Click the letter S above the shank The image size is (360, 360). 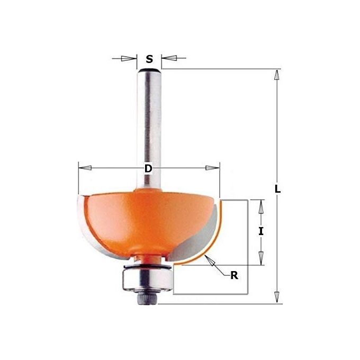(149, 59)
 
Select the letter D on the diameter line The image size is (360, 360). (148, 168)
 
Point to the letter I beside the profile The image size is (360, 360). (260, 231)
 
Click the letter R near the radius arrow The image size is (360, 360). (233, 275)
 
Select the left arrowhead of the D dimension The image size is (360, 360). (85, 168)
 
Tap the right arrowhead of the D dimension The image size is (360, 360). (213, 168)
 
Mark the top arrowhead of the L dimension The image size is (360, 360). (275, 75)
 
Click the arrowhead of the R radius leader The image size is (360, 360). (210, 258)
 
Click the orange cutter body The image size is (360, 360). (143, 217)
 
